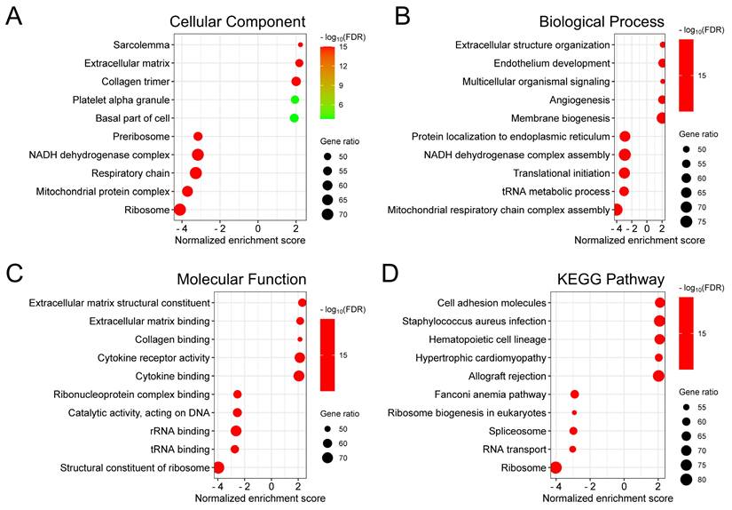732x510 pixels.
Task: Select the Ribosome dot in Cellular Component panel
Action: point(180,210)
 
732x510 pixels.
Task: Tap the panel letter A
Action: point(15,17)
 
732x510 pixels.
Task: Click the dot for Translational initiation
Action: point(624,172)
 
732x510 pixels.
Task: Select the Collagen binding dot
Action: point(300,339)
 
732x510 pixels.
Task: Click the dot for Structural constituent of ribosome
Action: point(218,467)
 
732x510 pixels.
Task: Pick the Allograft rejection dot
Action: point(657,376)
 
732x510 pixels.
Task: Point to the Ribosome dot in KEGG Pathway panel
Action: point(556,467)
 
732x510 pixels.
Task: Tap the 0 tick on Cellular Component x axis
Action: point(258,228)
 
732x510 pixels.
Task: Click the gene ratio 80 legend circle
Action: point(686,480)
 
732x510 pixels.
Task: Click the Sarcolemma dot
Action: point(301,44)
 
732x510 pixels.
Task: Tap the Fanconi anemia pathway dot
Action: point(575,394)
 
